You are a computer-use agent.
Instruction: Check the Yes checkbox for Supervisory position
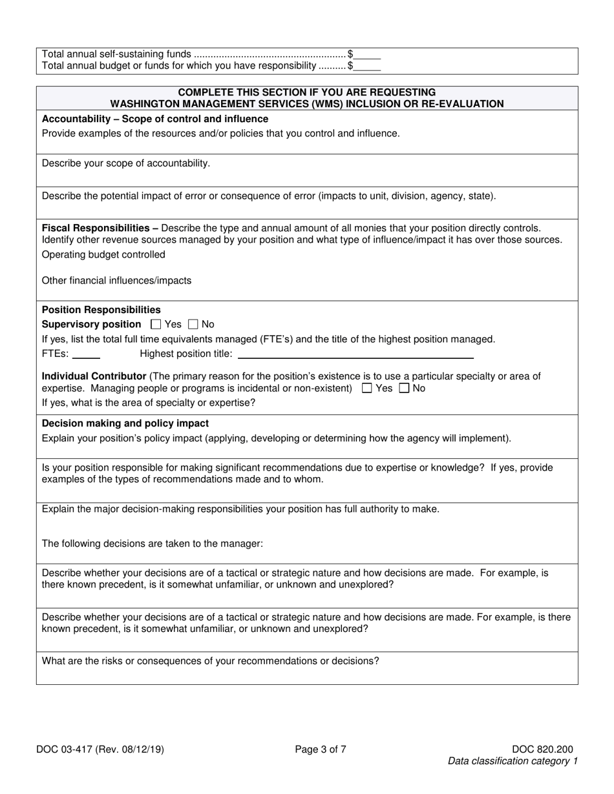point(155,324)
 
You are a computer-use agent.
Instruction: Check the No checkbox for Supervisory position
point(193,324)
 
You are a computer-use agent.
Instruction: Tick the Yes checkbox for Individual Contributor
point(367,389)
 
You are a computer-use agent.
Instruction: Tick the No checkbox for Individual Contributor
point(405,389)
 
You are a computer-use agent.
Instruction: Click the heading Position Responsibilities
point(101,310)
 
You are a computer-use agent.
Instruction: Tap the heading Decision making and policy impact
point(125,423)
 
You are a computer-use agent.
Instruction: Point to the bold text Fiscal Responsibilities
point(100,228)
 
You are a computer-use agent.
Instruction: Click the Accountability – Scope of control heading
point(155,119)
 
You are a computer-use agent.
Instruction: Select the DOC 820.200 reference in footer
point(542,749)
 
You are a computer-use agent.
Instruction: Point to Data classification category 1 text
point(513,761)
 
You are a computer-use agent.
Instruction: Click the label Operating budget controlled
point(103,254)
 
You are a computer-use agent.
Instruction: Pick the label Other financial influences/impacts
point(117,280)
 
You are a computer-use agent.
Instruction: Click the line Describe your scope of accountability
point(126,163)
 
